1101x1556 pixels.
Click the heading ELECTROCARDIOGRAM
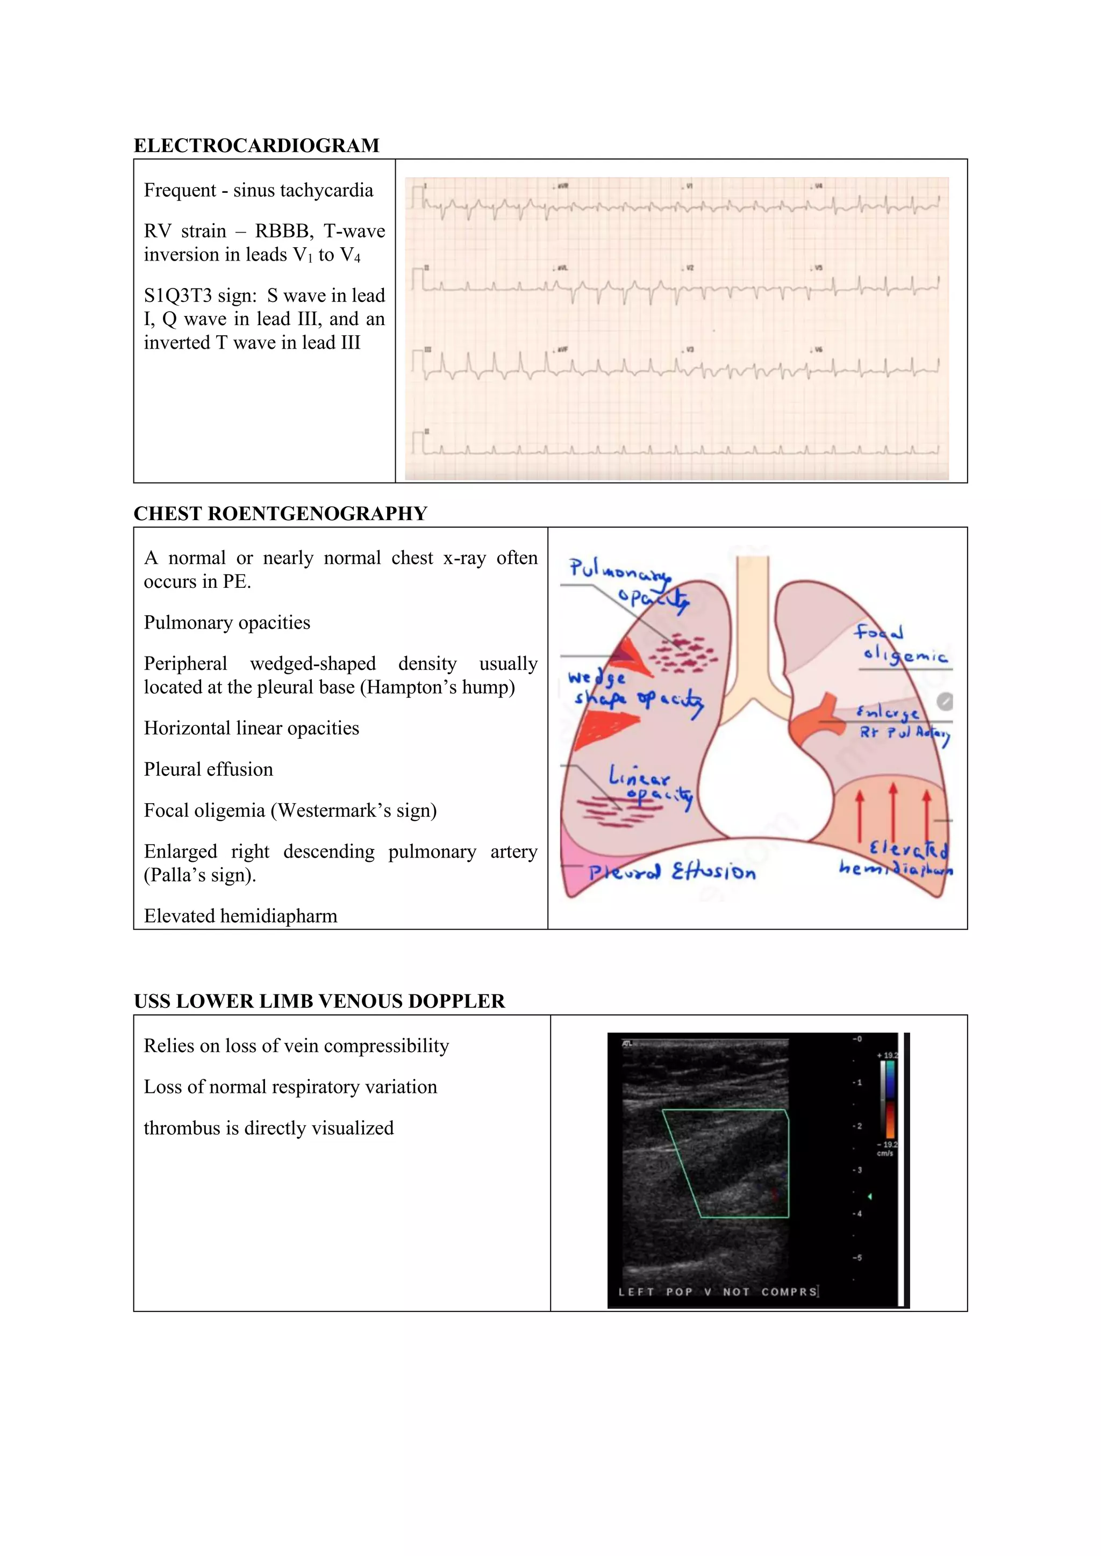256,146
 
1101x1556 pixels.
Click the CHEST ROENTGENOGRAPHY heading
280,514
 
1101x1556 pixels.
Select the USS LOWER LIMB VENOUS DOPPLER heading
319,1002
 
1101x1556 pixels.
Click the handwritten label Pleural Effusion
671,871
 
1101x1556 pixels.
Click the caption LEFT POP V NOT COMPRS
717,1292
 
